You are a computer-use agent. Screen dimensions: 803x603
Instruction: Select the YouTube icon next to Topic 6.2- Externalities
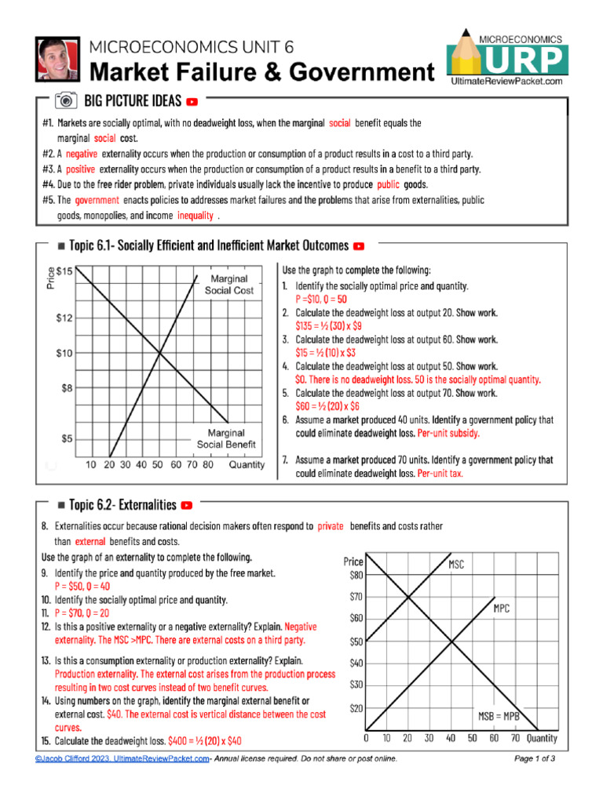pyautogui.click(x=187, y=504)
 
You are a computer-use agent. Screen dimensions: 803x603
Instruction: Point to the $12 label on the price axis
pyautogui.click(x=65, y=318)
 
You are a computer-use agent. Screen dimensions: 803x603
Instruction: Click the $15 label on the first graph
pyautogui.click(x=65, y=271)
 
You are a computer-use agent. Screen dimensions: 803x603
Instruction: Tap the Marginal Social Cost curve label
pyautogui.click(x=228, y=284)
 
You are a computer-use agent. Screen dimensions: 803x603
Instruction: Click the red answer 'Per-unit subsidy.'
pyautogui.click(x=448, y=433)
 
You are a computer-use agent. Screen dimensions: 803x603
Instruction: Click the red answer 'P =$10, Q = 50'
pyautogui.click(x=321, y=300)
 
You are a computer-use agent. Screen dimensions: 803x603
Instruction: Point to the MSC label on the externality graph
pyautogui.click(x=456, y=564)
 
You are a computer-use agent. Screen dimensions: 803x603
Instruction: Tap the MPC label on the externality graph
pyautogui.click(x=502, y=608)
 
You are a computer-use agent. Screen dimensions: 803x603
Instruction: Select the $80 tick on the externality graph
pyautogui.click(x=356, y=575)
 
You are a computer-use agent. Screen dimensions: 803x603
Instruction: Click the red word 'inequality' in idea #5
pyautogui.click(x=196, y=215)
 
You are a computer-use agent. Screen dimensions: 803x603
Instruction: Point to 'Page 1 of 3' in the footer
pyautogui.click(x=535, y=758)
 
